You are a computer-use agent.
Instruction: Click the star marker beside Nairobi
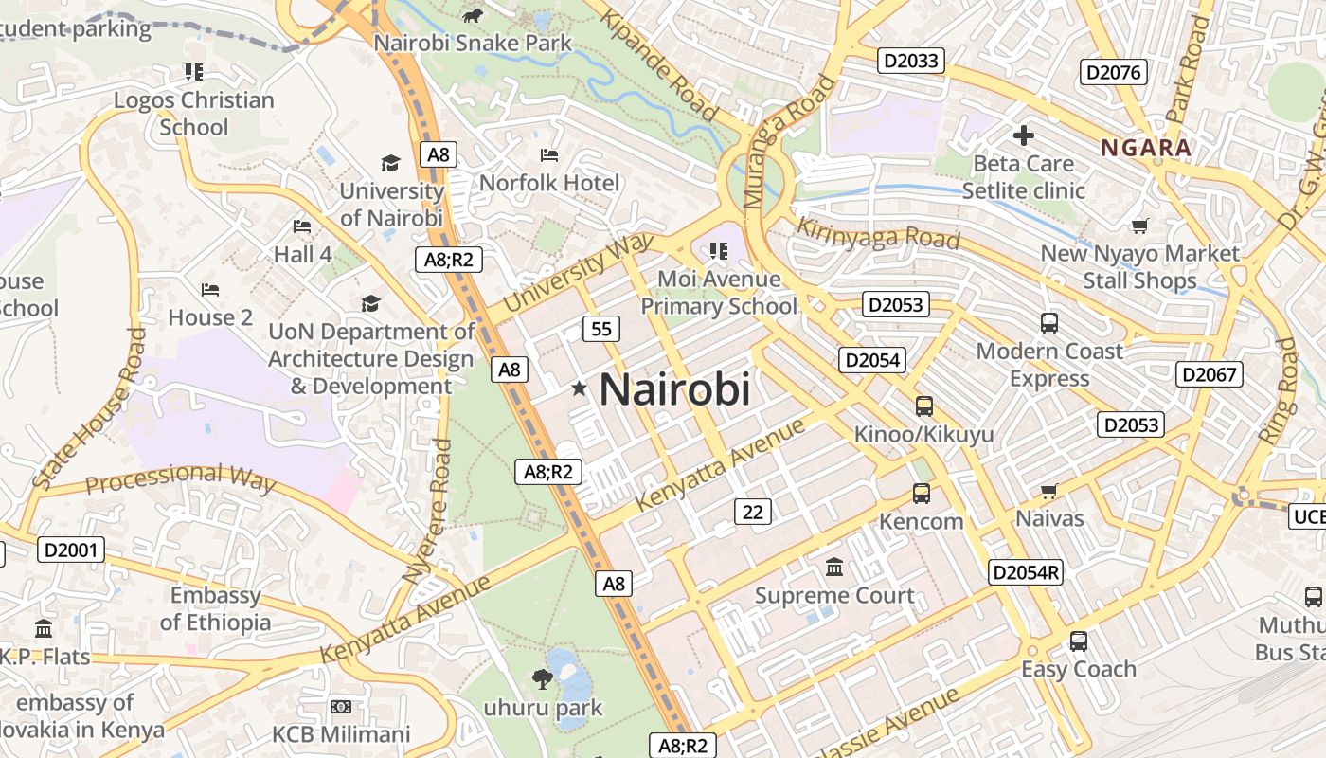(x=579, y=388)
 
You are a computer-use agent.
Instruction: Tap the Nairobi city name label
(x=675, y=389)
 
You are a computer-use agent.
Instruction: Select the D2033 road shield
(x=911, y=62)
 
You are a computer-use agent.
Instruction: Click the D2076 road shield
(x=1115, y=72)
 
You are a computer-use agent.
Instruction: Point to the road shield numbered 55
(x=601, y=329)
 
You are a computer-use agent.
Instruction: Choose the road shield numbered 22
(x=752, y=512)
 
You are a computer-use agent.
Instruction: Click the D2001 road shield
(x=71, y=550)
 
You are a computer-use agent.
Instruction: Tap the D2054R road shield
(x=1026, y=572)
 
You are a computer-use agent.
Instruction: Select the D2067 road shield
(x=1210, y=374)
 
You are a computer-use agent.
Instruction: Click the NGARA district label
(x=1145, y=148)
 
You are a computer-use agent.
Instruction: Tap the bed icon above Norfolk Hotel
(x=549, y=155)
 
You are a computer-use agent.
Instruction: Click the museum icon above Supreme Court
(x=834, y=568)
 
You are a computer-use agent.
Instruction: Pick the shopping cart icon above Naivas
(x=1048, y=491)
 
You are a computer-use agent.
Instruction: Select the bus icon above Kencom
(x=921, y=494)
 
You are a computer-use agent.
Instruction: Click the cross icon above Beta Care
(x=1023, y=135)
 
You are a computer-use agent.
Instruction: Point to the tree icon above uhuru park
(x=542, y=677)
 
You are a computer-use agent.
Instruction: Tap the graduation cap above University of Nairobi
(x=390, y=164)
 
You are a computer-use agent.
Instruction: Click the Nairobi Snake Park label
(x=473, y=43)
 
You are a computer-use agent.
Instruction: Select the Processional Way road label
(x=180, y=478)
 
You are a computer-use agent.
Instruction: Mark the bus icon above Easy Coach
(x=1078, y=641)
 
